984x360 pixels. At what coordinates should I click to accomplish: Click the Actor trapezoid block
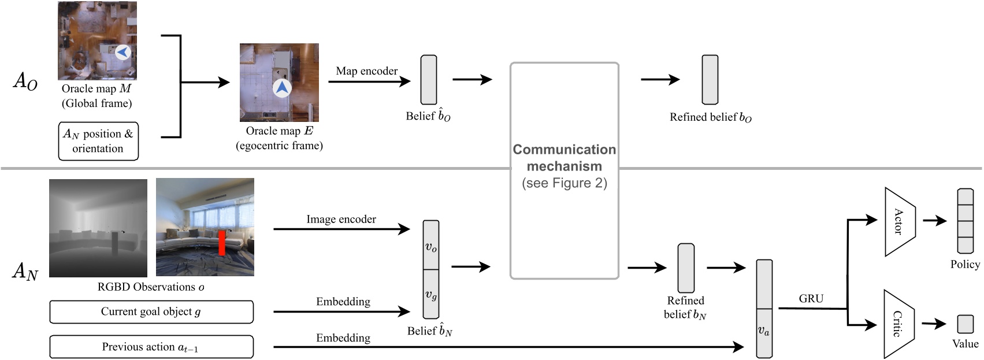coord(899,221)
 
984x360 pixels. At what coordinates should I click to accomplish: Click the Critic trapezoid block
coord(898,324)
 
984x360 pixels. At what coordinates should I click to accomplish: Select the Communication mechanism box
coord(564,170)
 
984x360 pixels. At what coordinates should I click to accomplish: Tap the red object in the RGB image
coord(221,243)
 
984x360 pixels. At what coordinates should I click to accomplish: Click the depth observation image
coord(98,228)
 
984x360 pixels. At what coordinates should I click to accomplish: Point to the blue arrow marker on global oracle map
coord(122,52)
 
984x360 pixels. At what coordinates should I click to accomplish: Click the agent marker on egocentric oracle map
coord(281,88)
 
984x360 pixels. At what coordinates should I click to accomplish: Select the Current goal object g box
coord(151,312)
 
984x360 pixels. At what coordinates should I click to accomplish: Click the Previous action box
coord(151,347)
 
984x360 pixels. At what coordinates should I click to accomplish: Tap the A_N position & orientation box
coord(98,141)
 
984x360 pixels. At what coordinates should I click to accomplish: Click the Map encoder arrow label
coord(366,71)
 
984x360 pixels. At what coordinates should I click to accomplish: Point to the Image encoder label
coord(341,220)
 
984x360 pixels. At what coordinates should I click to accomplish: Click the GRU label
coord(811,299)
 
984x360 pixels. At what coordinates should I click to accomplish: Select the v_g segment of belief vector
coord(431,295)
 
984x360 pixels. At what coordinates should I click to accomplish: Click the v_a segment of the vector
coord(764,332)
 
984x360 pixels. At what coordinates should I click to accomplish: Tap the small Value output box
coord(965,324)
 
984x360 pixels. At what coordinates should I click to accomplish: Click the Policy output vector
coord(965,221)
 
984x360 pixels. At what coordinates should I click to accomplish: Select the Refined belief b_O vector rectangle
coord(710,80)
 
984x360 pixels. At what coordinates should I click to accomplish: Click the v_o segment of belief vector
coord(431,246)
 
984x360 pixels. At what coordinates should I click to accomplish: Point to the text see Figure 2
coord(564,184)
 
